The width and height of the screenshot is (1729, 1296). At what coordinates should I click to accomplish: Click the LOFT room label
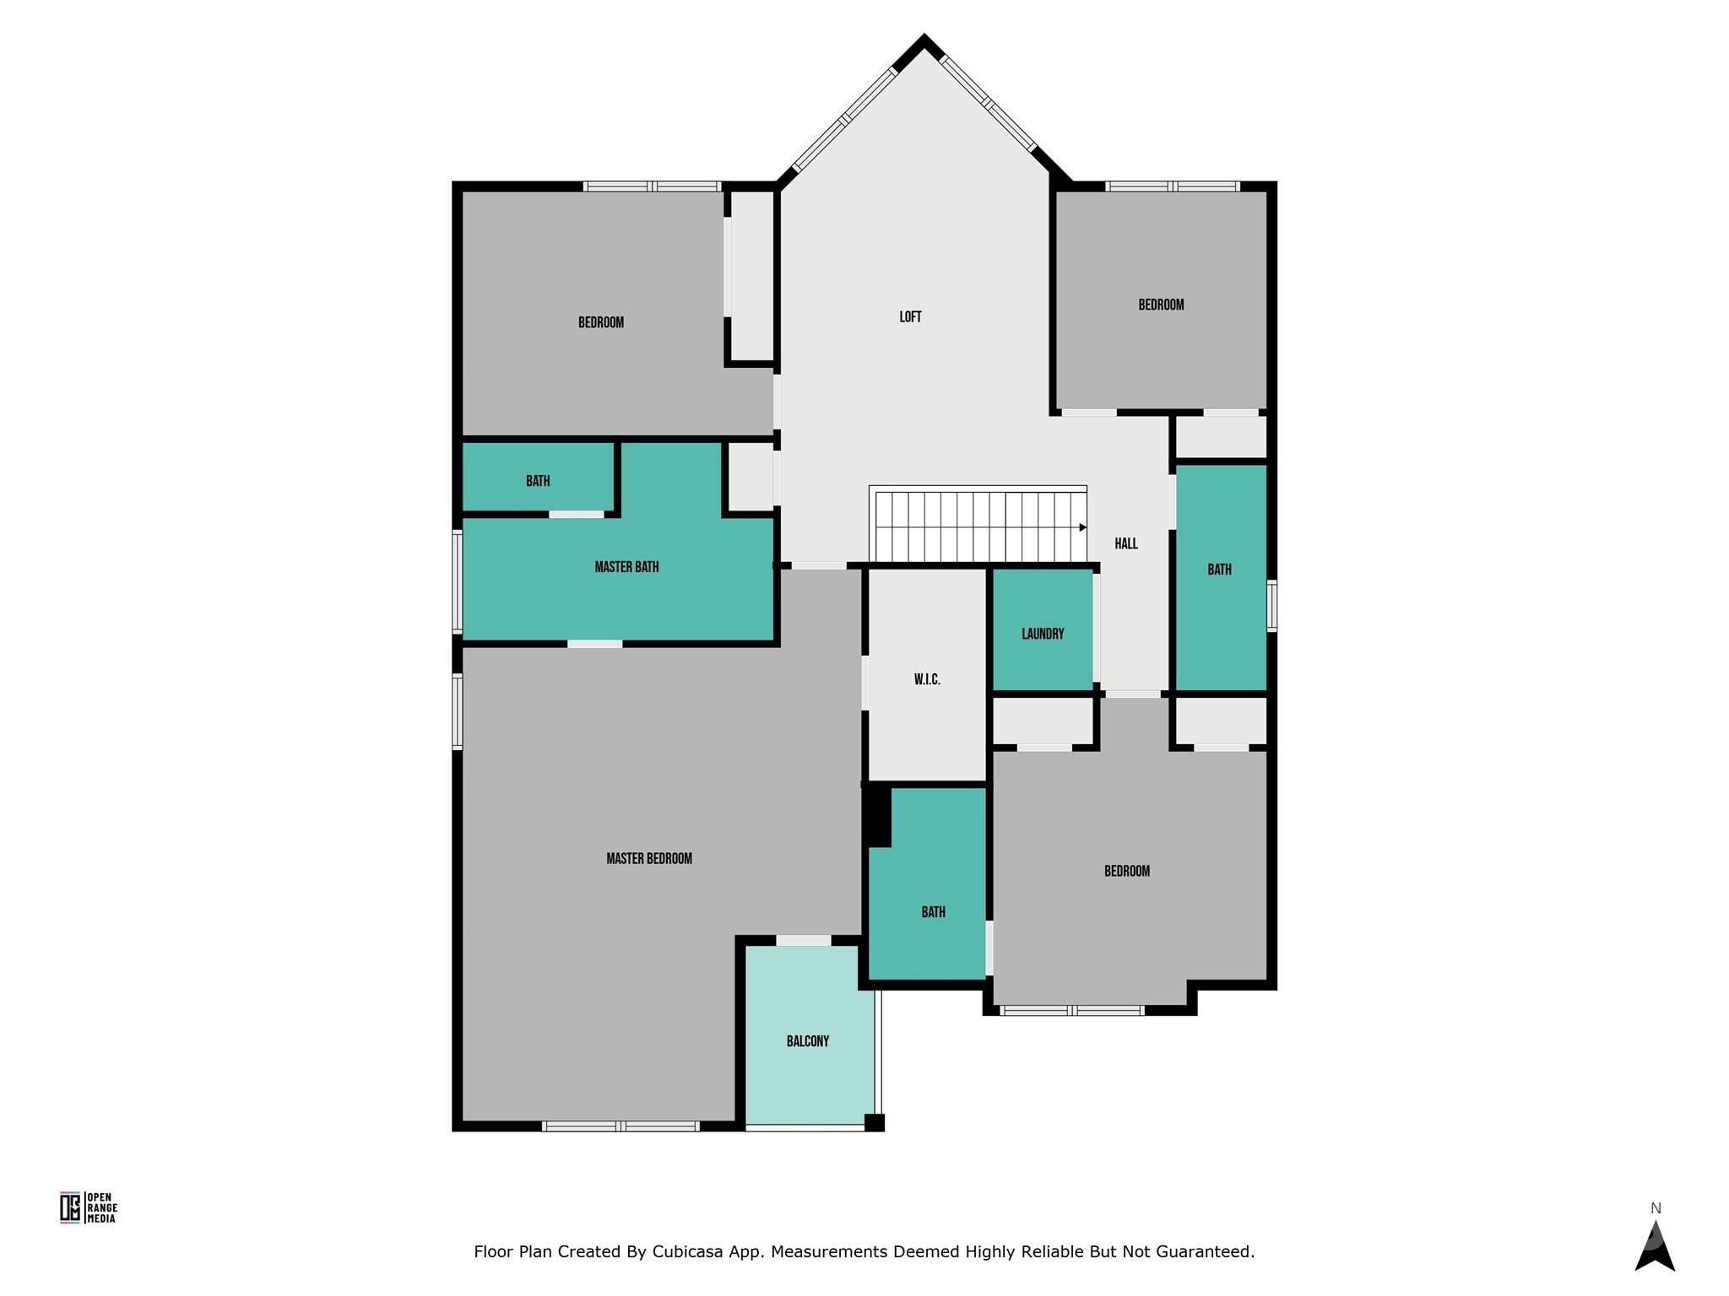coord(910,317)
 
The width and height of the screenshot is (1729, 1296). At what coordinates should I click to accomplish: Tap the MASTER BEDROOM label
coord(649,859)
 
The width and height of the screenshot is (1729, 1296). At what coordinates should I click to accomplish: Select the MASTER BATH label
coord(626,567)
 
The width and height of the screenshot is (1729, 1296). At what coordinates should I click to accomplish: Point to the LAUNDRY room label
coord(1043,634)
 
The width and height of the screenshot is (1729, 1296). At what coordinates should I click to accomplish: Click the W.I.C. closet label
coord(927,679)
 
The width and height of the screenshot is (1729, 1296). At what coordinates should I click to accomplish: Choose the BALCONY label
coord(808,1041)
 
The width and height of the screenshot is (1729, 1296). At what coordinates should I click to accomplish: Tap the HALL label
coord(1126,544)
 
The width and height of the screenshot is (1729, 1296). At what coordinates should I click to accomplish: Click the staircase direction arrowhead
coord(1083,527)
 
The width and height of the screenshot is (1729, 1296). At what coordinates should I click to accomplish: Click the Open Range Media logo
coord(89,1207)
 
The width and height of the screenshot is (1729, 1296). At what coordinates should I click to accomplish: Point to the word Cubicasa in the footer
coord(687,1252)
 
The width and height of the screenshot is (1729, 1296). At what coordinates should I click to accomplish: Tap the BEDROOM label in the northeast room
coord(1161,305)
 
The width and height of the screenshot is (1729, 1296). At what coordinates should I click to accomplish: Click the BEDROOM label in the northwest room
coord(601,322)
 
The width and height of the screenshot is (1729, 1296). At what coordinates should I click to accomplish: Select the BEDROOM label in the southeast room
coord(1127,871)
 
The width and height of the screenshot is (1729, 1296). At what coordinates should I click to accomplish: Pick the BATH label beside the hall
coord(1219,570)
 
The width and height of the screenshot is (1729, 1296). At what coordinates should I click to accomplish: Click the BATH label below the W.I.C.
coord(933,912)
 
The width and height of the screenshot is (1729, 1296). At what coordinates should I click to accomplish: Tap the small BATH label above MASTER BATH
coord(538,481)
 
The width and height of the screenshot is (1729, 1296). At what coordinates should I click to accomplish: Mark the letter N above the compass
coord(1656,1208)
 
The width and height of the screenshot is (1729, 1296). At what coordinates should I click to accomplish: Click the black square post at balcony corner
coord(874,1122)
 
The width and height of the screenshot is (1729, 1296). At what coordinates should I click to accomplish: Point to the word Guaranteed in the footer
coord(1208,1252)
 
